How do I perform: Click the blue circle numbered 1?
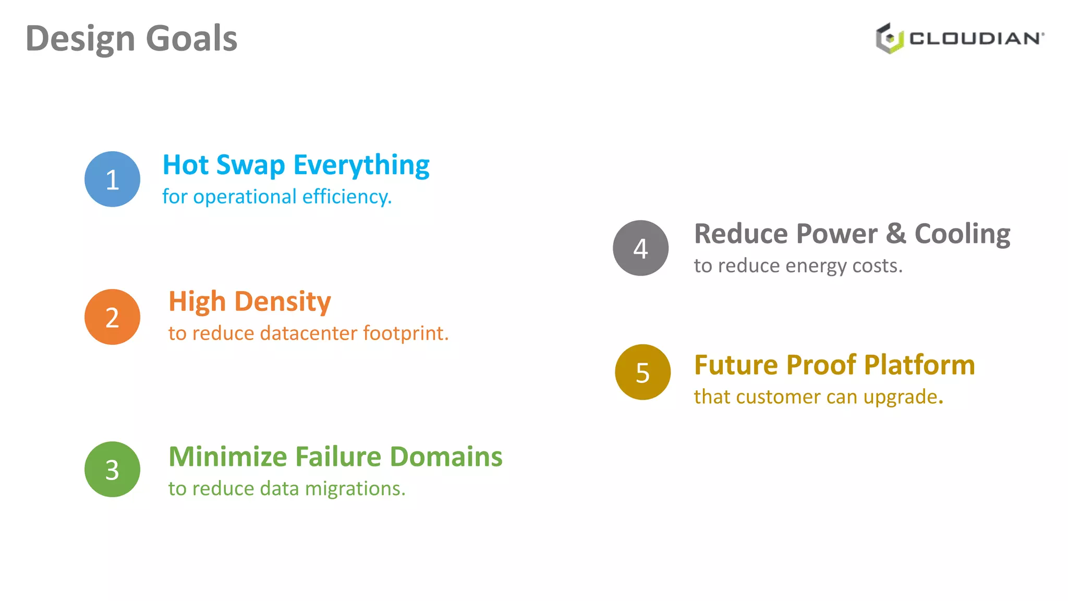tap(112, 179)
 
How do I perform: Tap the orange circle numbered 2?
tap(112, 317)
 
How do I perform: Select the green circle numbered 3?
tap(112, 469)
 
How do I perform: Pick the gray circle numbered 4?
tap(640, 248)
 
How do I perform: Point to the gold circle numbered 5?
tap(642, 372)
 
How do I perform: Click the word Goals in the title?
tap(191, 39)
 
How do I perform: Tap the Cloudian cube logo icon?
tap(889, 38)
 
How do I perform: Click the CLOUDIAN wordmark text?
tap(976, 39)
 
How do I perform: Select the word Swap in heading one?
tap(250, 166)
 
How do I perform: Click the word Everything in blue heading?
tap(361, 166)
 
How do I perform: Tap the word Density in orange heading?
tap(282, 302)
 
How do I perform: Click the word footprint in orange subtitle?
tap(406, 333)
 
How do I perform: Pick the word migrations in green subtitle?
tap(355, 489)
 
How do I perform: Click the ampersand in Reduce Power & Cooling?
tap(896, 234)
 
